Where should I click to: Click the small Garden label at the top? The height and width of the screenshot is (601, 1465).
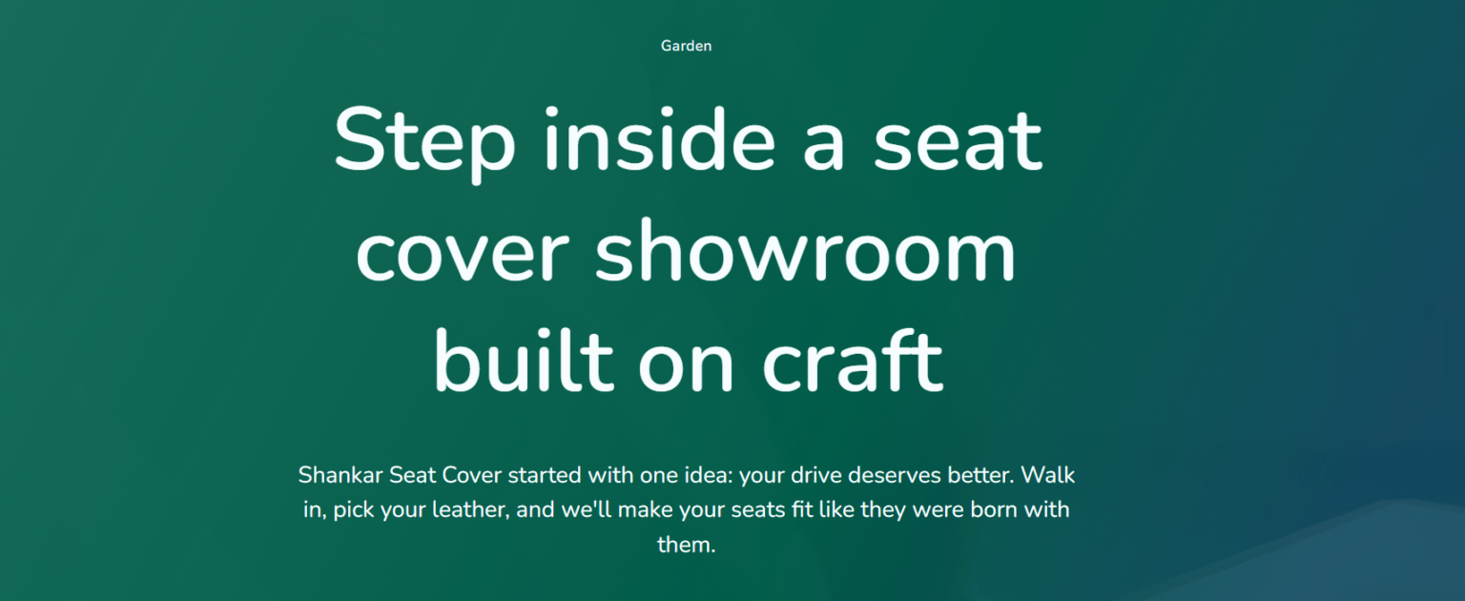686,46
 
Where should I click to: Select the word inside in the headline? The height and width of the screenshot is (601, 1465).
660,138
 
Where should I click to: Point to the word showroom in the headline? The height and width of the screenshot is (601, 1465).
805,250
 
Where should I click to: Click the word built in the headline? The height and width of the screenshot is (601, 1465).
524,360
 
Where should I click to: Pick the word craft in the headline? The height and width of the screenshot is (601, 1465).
853,360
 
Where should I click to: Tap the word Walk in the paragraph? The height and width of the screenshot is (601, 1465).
1048,475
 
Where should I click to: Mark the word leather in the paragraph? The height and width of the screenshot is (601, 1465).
471,509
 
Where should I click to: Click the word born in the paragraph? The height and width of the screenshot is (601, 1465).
994,509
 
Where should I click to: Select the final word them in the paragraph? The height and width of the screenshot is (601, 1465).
686,544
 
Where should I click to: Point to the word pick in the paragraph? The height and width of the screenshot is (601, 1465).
354,510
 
